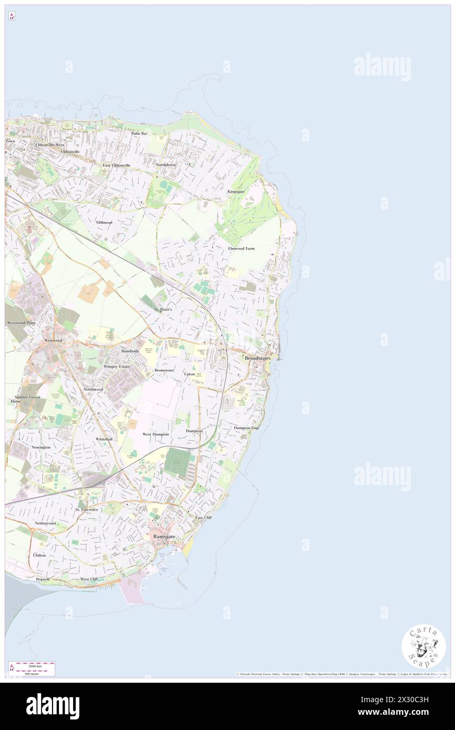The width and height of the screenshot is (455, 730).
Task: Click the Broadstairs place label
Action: tap(257, 358)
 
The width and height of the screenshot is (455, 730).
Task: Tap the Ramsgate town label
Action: tap(164, 536)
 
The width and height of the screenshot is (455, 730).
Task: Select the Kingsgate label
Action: tap(236, 192)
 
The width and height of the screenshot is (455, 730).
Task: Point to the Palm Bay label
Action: tap(139, 133)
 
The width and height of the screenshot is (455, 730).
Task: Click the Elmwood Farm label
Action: tap(241, 248)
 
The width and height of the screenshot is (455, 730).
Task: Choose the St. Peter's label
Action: tap(163, 310)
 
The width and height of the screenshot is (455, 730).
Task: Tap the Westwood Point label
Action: tap(20, 322)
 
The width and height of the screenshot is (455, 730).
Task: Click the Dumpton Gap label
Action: tap(246, 427)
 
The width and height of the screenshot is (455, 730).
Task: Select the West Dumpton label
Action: tap(156, 434)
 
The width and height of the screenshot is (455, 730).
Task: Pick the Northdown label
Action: tap(166, 165)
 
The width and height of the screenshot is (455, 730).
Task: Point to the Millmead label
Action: tap(104, 222)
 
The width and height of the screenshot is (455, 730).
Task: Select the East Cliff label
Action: tap(203, 517)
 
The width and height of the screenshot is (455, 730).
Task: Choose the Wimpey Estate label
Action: tap(117, 366)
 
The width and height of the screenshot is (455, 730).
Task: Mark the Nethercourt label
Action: tap(45, 523)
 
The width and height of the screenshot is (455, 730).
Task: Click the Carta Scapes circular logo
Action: tap(423, 645)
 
